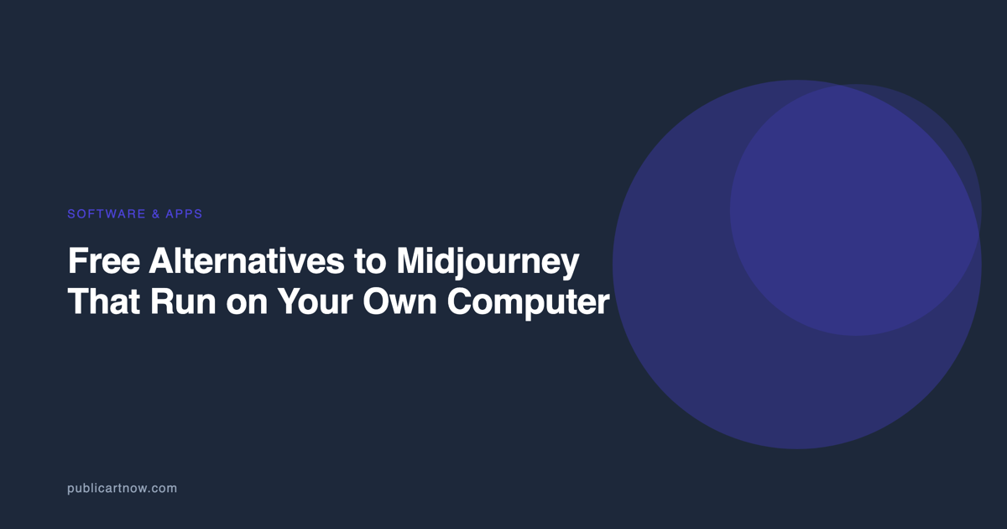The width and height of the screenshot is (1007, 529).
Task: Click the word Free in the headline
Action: point(104,260)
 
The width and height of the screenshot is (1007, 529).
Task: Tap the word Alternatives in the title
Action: point(247,260)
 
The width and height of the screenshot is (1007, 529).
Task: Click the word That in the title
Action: point(104,301)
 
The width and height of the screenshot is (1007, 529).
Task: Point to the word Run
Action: point(183,301)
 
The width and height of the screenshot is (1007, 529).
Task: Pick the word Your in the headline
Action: point(315,301)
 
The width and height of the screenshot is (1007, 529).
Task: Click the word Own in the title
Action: point(399,301)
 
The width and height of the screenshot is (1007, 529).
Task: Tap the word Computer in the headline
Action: point(528,304)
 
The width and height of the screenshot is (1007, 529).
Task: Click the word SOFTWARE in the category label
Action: point(107,213)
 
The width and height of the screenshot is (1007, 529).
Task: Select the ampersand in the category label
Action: point(156,213)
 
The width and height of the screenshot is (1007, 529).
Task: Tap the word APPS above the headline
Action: point(184,213)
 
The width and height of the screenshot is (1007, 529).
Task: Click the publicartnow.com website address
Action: point(122,489)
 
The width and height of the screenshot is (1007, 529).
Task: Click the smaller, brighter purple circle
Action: point(855,210)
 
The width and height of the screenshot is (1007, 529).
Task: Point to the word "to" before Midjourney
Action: point(370,261)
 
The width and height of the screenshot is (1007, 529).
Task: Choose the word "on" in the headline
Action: point(247,305)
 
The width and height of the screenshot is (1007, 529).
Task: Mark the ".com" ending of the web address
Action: point(162,489)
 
